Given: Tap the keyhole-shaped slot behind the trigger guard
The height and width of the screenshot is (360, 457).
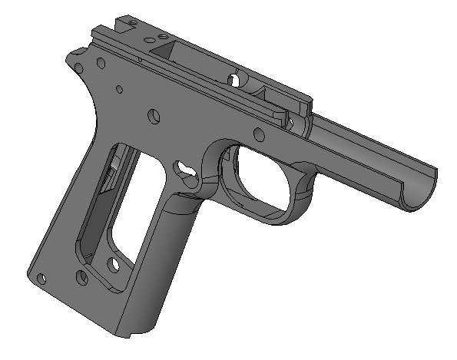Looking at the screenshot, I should click(x=185, y=167).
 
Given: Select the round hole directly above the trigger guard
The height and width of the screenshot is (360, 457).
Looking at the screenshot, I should click(x=260, y=137).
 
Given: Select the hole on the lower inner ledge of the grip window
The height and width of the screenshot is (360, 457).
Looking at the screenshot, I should click(x=114, y=265).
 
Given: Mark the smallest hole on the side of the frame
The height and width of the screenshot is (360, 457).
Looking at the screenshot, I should click(x=120, y=90).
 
